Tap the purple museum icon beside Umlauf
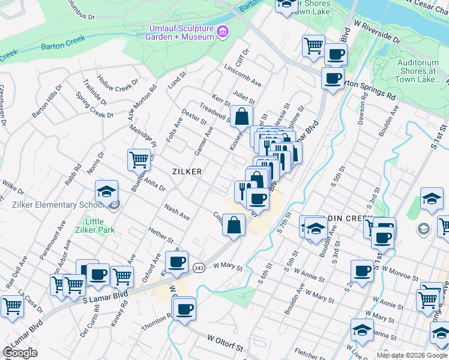point(223,31)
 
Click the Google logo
point(20,353)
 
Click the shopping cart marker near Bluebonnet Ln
point(139,160)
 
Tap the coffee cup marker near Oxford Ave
point(177,262)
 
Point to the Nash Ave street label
point(177,212)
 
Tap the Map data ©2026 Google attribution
point(412,355)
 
